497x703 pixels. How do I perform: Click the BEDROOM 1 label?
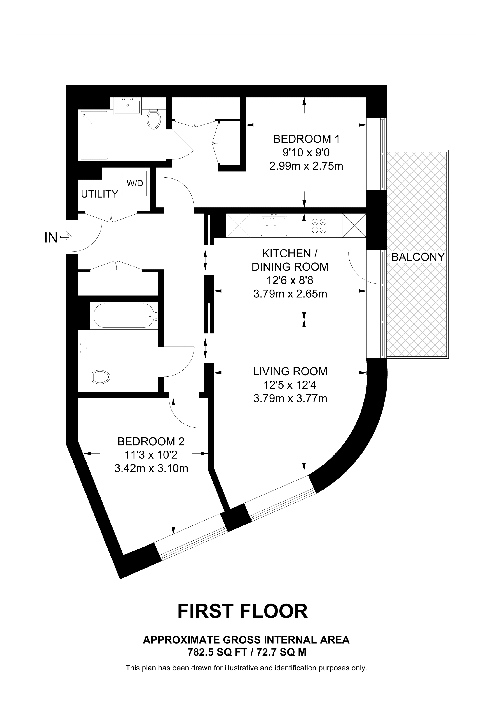point(306,139)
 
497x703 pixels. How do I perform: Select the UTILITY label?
point(100,194)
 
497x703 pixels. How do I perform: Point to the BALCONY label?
point(418,257)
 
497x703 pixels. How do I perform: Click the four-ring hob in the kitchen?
point(319,226)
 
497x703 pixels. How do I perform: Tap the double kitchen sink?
point(274,226)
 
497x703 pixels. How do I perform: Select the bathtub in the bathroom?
point(124,316)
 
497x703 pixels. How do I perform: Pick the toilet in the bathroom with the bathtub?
point(101,378)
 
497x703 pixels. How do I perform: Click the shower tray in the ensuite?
point(94,136)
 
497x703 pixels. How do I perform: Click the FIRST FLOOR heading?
point(243,612)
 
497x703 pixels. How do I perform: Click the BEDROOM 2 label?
point(151,441)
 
